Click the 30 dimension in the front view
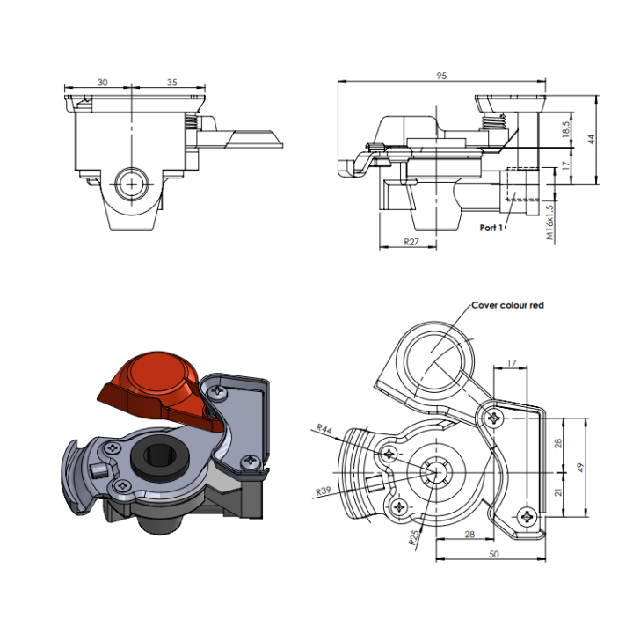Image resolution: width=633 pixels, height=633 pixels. (103, 82)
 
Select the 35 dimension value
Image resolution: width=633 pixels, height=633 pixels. (171, 82)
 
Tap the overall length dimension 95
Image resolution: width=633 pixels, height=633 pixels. (441, 76)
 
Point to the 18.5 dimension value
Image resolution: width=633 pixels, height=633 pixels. (566, 129)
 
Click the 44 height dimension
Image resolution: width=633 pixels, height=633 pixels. (592, 138)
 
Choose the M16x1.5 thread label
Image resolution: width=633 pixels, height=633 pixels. (549, 222)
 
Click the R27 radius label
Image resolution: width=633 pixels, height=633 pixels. (411, 240)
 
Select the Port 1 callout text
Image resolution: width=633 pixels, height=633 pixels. (492, 227)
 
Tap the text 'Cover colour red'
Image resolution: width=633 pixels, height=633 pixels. (508, 305)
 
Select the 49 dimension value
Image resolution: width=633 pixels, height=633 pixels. (579, 467)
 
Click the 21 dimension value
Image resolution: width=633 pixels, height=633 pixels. (557, 492)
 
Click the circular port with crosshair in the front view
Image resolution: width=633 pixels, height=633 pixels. (133, 184)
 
